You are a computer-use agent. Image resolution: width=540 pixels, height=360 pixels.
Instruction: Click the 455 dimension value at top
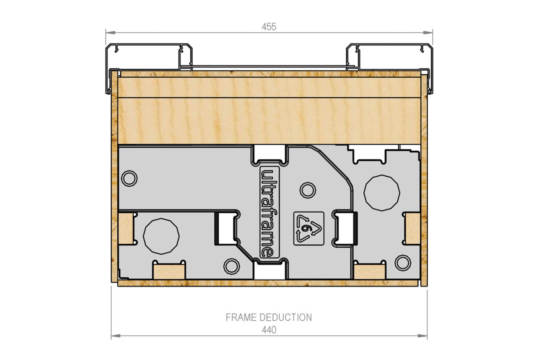point(269,27)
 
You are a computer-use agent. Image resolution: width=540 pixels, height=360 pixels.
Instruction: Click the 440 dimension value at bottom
point(269,330)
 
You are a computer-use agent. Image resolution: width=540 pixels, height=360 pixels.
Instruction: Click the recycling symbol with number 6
point(309,229)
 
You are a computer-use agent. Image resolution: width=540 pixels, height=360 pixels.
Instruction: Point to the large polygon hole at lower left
point(161,236)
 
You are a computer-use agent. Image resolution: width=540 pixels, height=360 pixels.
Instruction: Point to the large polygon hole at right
point(382,193)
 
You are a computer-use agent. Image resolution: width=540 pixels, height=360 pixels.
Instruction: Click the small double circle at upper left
point(129,178)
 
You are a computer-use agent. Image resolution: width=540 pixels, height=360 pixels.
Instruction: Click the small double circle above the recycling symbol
point(308,190)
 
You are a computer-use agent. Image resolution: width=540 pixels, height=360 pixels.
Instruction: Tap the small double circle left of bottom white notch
point(231,266)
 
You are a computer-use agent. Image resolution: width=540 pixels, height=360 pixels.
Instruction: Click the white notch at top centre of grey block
point(269,153)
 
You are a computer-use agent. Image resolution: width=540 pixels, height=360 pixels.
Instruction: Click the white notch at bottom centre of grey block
point(269,272)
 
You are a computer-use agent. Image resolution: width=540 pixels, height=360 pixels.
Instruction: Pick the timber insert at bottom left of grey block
point(169,272)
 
